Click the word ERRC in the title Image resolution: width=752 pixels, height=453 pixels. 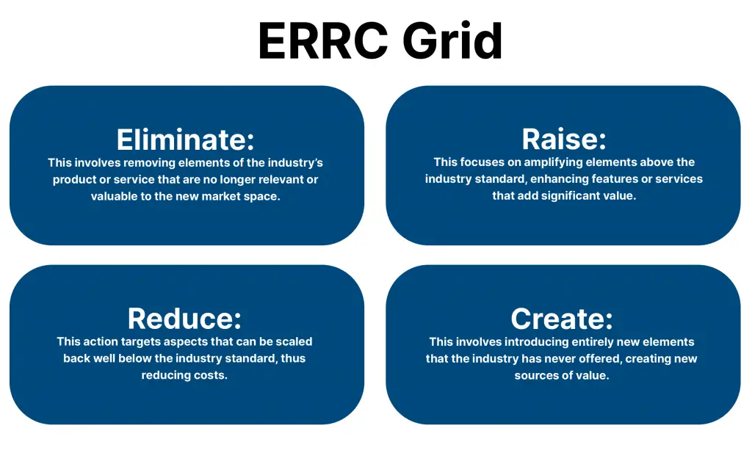coord(324,41)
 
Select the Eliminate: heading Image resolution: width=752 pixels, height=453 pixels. coord(186,139)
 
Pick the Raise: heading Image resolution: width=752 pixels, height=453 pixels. coord(564,139)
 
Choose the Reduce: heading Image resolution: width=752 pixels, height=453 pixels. coord(184,319)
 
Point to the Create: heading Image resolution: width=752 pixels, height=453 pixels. coord(562,319)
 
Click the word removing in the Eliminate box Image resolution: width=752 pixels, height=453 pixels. coord(151,163)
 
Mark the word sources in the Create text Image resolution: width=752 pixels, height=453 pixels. coord(535,376)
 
